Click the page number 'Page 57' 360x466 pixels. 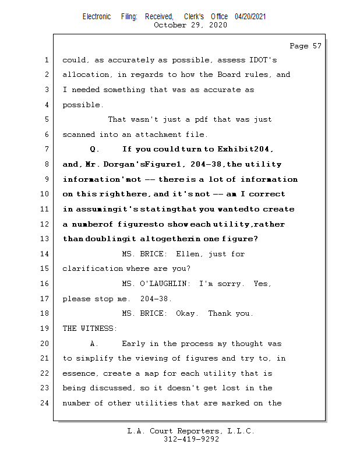[305, 46]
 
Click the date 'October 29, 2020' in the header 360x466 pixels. [190, 25]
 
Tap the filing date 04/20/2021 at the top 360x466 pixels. [250, 17]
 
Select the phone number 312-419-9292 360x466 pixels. [192, 440]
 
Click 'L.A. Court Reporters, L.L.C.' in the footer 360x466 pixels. [190, 432]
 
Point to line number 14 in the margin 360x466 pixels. [46, 254]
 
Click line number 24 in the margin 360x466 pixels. [46, 403]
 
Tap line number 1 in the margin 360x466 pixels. [46, 60]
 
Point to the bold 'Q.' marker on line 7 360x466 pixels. [95, 149]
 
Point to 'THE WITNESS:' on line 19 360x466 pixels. [90, 329]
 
